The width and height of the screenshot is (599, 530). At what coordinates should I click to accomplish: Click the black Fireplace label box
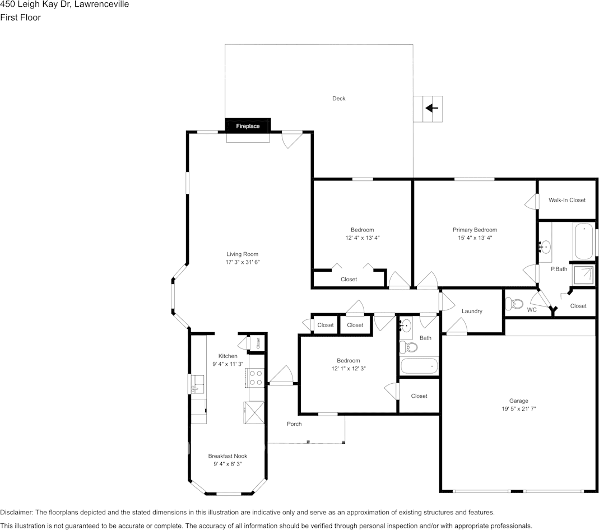[248, 126]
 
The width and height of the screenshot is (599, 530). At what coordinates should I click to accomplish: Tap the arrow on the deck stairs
[431, 108]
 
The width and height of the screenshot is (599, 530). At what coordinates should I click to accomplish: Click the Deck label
[338, 99]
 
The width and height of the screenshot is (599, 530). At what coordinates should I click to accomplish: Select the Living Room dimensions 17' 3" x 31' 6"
[243, 262]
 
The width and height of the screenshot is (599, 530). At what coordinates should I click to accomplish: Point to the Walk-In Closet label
[567, 200]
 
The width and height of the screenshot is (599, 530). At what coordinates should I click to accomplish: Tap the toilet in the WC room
[514, 304]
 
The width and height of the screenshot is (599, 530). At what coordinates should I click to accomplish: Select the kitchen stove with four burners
[255, 378]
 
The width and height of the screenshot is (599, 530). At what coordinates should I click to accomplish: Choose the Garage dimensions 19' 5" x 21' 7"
[518, 410]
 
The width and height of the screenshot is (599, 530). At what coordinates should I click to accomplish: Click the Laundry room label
[472, 312]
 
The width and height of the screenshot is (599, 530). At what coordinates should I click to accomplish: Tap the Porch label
[294, 424]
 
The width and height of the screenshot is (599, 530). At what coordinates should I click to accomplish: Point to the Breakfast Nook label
[227, 456]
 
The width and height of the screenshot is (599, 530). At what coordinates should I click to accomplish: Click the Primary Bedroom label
[475, 230]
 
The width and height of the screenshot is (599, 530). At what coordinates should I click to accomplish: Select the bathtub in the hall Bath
[419, 366]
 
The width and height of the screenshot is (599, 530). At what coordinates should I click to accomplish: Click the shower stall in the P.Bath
[583, 274]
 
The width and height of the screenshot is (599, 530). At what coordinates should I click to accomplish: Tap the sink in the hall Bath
[406, 325]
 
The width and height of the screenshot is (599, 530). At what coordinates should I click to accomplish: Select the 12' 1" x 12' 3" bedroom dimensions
[349, 369]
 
